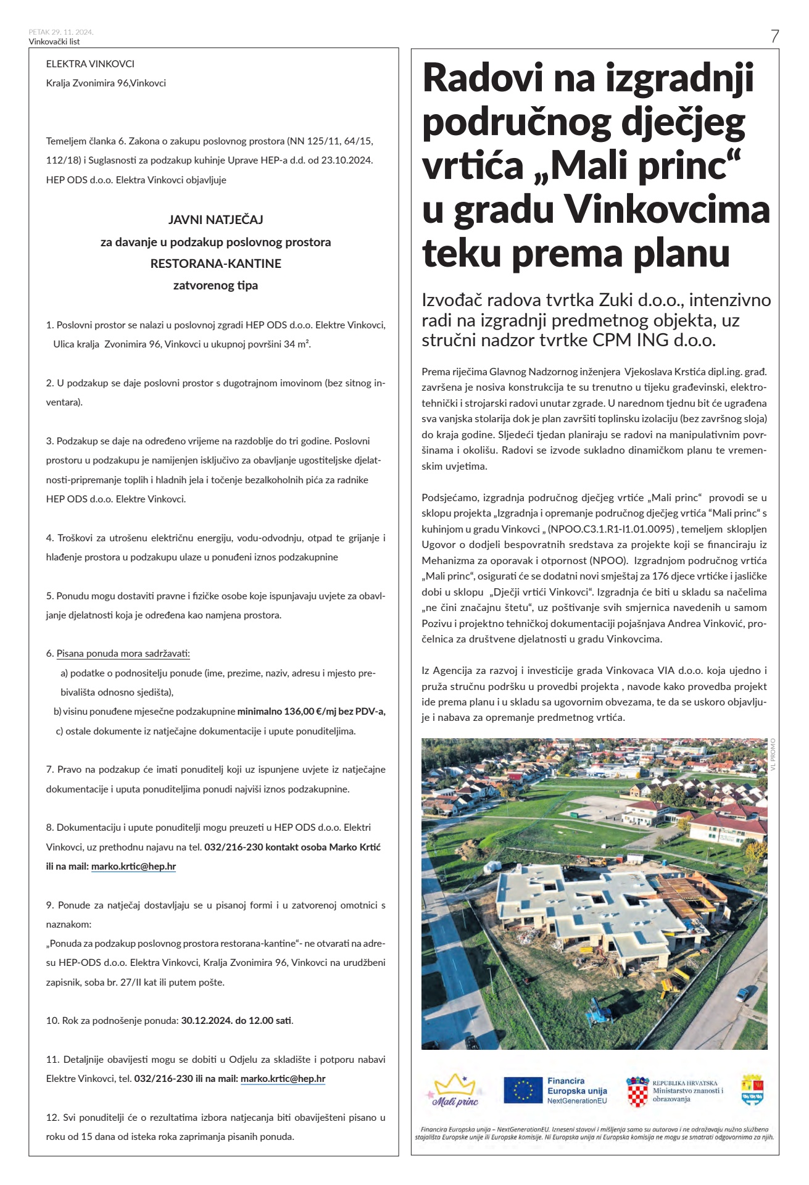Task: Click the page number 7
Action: tap(774, 36)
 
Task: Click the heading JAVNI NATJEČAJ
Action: tap(215, 220)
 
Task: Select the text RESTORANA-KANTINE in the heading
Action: tap(215, 264)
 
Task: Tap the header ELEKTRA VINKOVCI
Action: tap(90, 64)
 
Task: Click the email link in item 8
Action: tap(133, 867)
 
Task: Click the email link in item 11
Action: tap(283, 1079)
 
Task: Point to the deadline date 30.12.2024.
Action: tap(207, 1021)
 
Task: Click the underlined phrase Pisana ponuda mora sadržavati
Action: tap(123, 654)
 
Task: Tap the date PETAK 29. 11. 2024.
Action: tap(61, 32)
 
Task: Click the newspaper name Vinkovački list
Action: tap(54, 42)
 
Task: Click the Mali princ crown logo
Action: tap(455, 1091)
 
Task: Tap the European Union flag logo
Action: tap(523, 1090)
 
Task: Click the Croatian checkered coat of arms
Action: tap(637, 1091)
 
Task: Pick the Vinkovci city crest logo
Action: tap(752, 1090)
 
